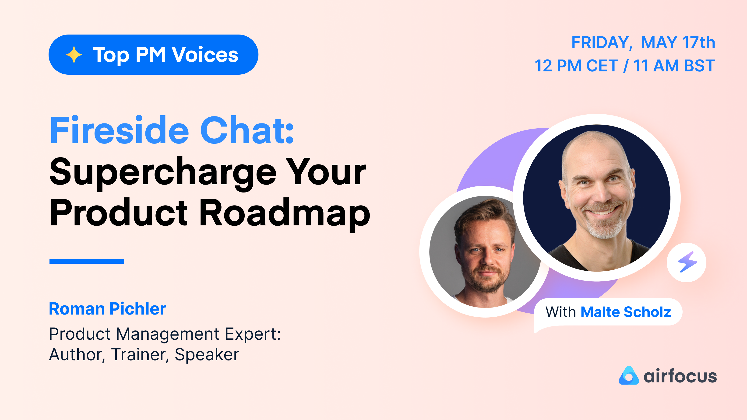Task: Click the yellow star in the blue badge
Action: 74,55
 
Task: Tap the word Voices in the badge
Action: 205,55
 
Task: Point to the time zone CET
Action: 602,66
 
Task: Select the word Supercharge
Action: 163,172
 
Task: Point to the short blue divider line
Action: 87,261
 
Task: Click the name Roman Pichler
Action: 108,309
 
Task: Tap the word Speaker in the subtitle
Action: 207,354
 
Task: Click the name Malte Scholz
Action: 626,312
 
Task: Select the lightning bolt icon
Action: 687,262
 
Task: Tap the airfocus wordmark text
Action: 680,376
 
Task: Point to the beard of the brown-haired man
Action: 487,280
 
